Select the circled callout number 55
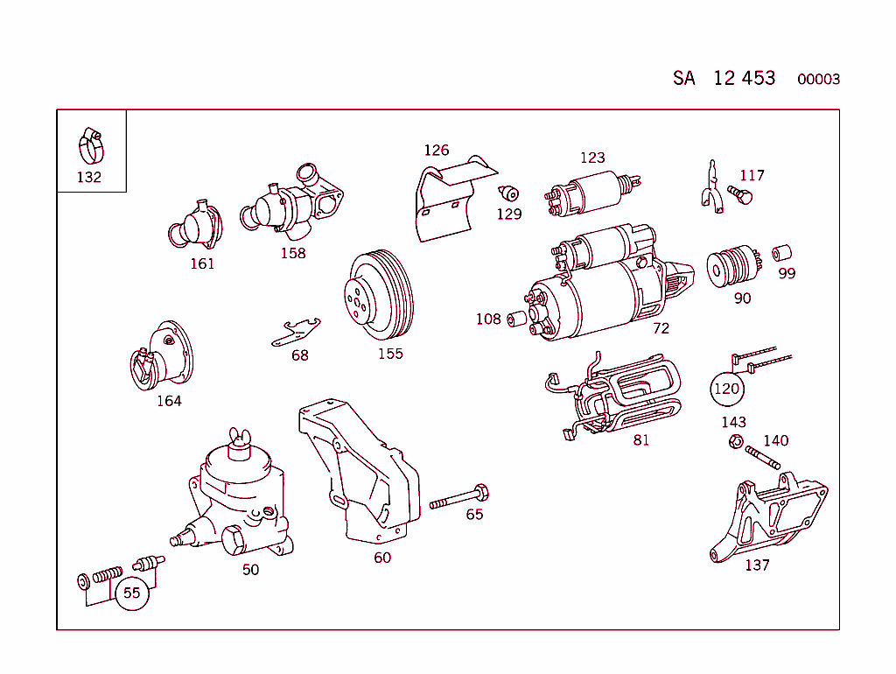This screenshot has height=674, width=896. [131, 593]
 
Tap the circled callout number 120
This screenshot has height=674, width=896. [726, 389]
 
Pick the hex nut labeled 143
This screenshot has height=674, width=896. [735, 442]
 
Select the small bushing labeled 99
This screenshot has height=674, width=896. [781, 254]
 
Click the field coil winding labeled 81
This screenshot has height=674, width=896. [624, 397]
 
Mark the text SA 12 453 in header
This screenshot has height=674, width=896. [724, 78]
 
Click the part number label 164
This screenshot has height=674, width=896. [169, 401]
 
